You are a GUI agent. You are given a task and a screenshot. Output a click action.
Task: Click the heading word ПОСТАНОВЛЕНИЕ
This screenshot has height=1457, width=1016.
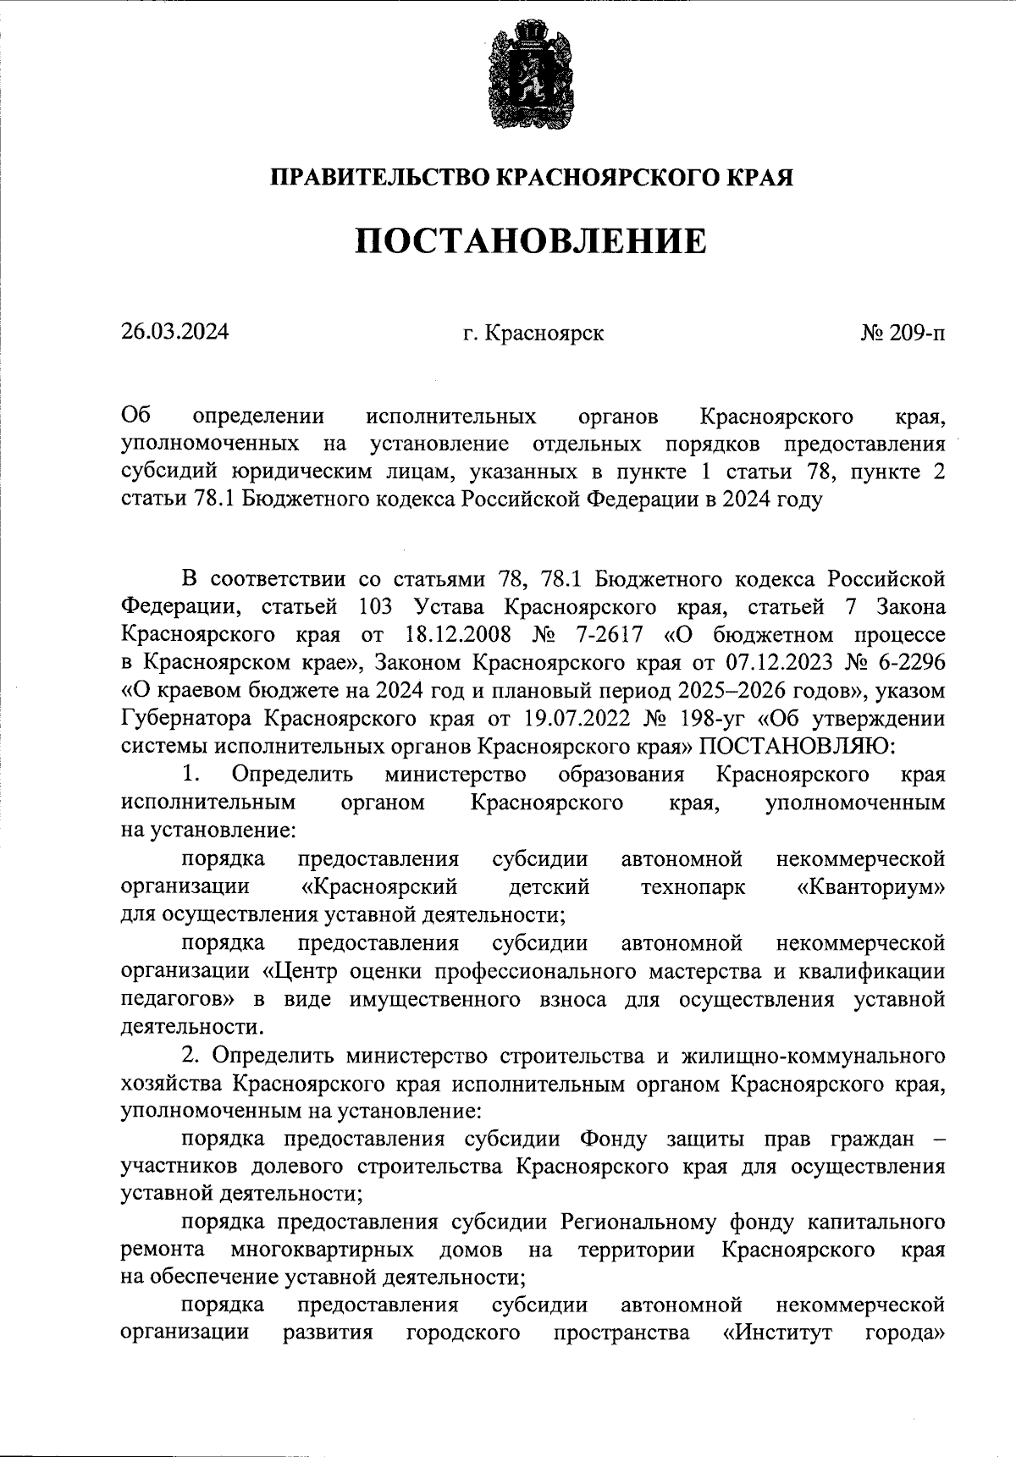[x=530, y=241]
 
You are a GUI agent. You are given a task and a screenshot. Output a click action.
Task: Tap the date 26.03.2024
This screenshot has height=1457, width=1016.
[x=174, y=332]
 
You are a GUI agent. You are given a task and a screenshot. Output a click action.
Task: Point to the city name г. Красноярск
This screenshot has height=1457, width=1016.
[x=533, y=333]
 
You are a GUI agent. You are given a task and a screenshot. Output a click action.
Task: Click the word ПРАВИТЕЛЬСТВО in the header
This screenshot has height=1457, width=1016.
[x=379, y=179]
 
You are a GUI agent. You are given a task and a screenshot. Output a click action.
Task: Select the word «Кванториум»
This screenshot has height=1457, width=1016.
[x=871, y=886]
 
